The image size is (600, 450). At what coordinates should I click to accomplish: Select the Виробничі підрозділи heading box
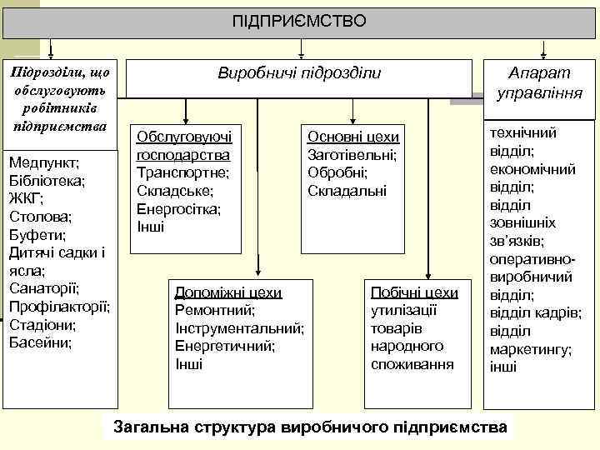tap(298, 74)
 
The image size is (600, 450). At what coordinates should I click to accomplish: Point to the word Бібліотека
tap(47, 180)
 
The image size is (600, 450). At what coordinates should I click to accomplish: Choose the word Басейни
tap(40, 342)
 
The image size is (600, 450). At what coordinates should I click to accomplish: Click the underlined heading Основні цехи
tap(353, 137)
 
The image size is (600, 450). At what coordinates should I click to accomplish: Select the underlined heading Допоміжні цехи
tap(227, 292)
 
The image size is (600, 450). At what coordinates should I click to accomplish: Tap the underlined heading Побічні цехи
tap(414, 292)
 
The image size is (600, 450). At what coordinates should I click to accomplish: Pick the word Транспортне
tap(182, 173)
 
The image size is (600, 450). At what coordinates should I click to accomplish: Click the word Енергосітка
tap(178, 209)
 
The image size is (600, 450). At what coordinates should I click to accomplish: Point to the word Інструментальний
tap(239, 328)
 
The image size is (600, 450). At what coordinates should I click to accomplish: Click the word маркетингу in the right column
tap(530, 349)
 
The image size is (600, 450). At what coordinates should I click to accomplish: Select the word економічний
tap(533, 168)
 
